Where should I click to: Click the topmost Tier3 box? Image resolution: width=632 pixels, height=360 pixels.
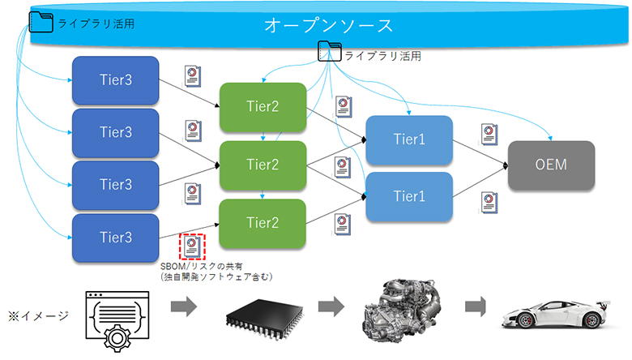115,79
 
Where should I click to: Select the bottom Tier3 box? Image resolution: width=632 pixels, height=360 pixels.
115,237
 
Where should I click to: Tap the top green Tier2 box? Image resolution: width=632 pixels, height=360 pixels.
262,106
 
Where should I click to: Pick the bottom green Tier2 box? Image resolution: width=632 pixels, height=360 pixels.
262,222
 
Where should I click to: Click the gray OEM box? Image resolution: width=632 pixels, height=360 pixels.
551,165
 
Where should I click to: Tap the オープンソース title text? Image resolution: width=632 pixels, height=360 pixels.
328,26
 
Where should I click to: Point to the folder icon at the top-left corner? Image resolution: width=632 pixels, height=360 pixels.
41,22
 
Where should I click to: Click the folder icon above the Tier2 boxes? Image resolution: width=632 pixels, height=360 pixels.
330,53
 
